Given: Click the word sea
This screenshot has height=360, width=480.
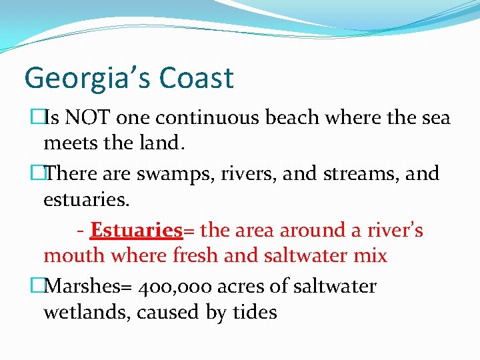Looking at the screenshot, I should tap(435, 119).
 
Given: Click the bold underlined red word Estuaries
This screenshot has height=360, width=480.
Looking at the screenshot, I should tap(136, 231).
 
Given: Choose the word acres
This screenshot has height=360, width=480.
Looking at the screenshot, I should tap(245, 287).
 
